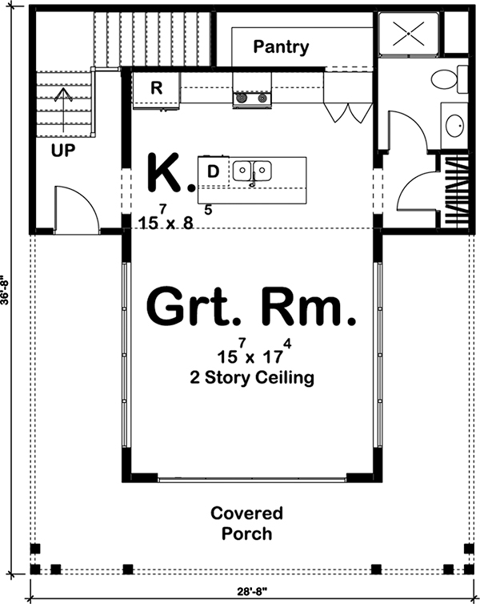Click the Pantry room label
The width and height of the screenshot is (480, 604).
(281, 46)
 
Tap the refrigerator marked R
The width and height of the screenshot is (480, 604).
(157, 89)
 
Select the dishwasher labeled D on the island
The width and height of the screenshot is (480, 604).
(213, 171)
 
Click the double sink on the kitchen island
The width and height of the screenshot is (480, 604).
(252, 171)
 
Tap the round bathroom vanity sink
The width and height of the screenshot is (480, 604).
(455, 126)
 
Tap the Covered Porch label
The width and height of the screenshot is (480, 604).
(246, 522)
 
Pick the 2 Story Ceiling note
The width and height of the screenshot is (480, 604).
(250, 377)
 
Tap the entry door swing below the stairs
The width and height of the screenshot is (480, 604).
(76, 210)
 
